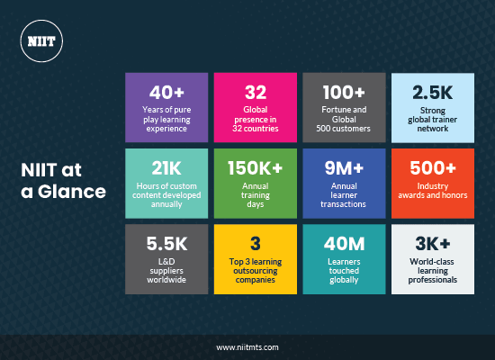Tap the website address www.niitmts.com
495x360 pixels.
coord(247,346)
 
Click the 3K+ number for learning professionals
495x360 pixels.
coord(431,244)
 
